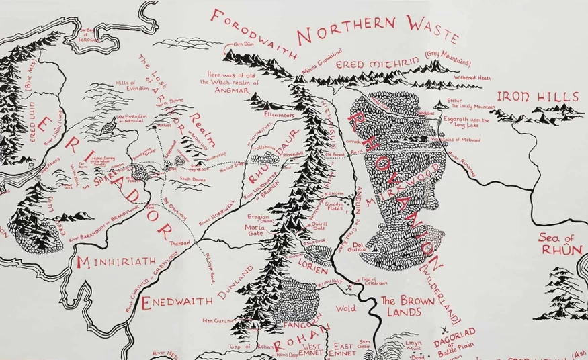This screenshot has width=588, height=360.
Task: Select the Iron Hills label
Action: tap(537, 97)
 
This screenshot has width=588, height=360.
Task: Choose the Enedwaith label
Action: tap(177, 300)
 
